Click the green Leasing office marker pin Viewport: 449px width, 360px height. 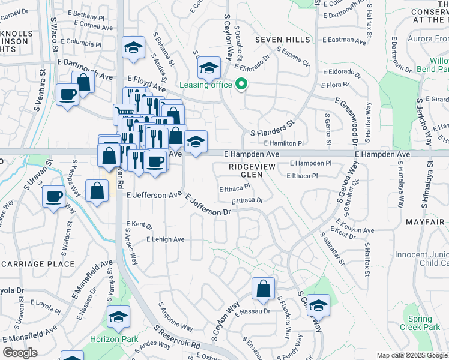pos(241,84)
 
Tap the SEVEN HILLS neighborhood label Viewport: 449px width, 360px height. pos(282,39)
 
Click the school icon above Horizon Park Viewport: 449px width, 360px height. pos(119,317)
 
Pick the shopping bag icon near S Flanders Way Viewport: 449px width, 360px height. pos(263,289)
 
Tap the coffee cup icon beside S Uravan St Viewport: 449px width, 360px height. pos(54,196)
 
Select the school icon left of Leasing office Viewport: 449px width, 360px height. pos(209,68)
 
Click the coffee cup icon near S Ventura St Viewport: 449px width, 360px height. pos(67,94)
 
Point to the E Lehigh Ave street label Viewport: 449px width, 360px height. pos(166,239)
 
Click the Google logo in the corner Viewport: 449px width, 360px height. pos(20,352)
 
